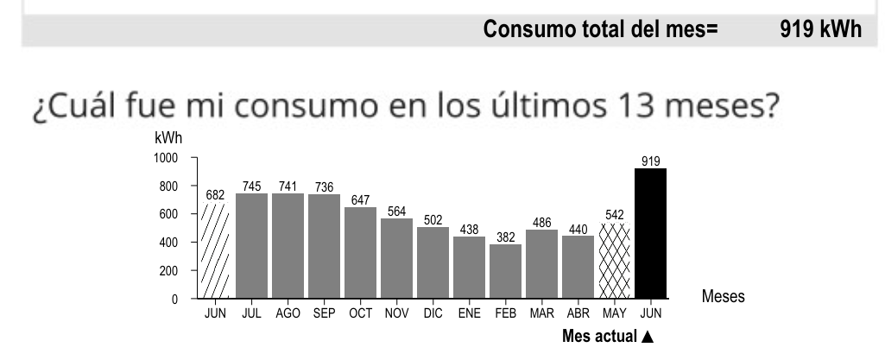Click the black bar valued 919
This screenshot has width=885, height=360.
click(650, 233)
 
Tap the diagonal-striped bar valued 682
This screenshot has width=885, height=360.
click(215, 250)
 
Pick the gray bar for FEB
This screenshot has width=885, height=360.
click(505, 271)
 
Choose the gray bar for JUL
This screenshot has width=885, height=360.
click(251, 246)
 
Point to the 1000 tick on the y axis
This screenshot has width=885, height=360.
click(166, 158)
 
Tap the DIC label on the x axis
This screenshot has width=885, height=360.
click(433, 314)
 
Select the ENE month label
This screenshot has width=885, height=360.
click(470, 314)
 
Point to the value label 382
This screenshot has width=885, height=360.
click(505, 237)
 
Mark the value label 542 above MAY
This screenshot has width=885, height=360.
click(614, 214)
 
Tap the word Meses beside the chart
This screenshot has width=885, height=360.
click(724, 296)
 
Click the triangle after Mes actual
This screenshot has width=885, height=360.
click(648, 336)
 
